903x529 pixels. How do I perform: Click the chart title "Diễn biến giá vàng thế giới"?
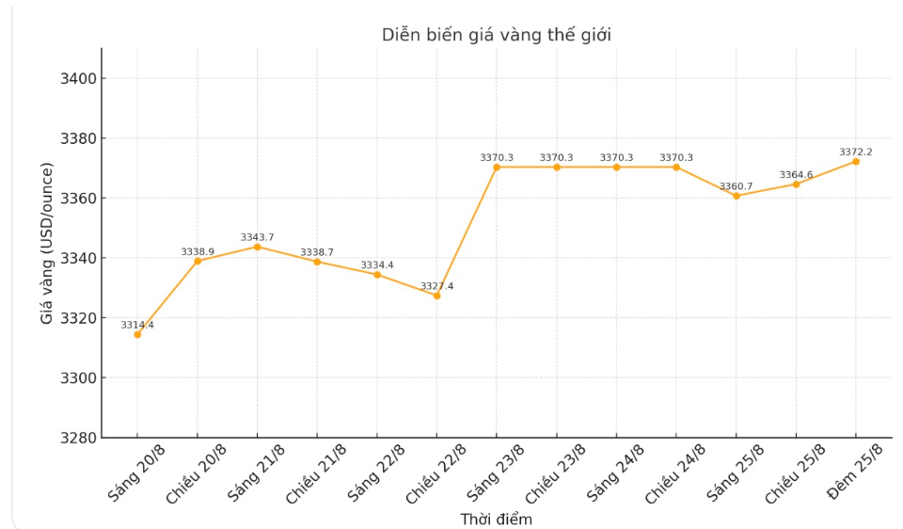pyautogui.click(x=496, y=35)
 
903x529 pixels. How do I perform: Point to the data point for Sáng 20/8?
pyautogui.click(x=137, y=334)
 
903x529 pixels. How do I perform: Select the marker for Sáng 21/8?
pyautogui.click(x=257, y=247)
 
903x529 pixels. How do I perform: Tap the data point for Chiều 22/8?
pyautogui.click(x=436, y=296)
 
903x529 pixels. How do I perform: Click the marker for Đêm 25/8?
pyautogui.click(x=856, y=161)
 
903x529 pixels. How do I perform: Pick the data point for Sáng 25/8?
pyautogui.click(x=737, y=196)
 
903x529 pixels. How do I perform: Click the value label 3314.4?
pyautogui.click(x=137, y=325)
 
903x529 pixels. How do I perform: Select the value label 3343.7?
pyautogui.click(x=257, y=237)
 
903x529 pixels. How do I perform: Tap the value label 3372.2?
pyautogui.click(x=856, y=152)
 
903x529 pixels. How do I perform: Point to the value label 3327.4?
pyautogui.click(x=436, y=286)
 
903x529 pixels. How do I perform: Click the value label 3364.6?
pyautogui.click(x=796, y=174)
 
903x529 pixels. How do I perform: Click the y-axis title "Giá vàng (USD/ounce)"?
pyautogui.click(x=47, y=243)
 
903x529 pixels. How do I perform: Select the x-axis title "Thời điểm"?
pyautogui.click(x=496, y=520)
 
